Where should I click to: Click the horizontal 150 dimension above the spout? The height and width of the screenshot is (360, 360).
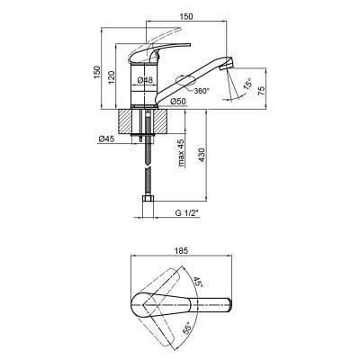tap(186, 16)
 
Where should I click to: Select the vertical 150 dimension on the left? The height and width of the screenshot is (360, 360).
tap(96, 73)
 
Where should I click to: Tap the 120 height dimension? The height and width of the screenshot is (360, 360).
tap(111, 77)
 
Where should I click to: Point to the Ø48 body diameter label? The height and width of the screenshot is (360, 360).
tap(145, 80)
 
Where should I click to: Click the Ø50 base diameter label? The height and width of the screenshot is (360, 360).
tap(178, 102)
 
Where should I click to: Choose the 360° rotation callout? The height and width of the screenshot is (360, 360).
tap(201, 90)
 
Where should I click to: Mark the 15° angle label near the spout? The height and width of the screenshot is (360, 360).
tap(247, 83)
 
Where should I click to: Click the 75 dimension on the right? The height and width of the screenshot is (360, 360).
tap(261, 90)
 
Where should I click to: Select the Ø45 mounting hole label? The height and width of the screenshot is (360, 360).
tap(106, 139)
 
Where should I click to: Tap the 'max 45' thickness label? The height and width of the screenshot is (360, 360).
tap(181, 152)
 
